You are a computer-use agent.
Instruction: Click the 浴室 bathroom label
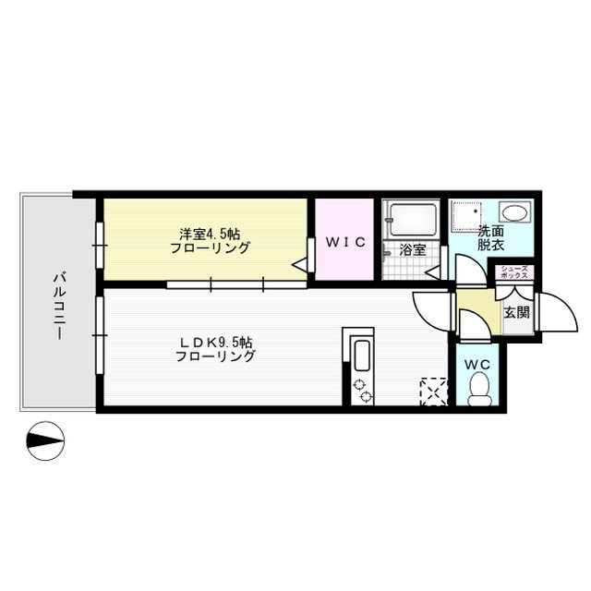point(413,249)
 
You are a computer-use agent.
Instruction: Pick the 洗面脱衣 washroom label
point(491,240)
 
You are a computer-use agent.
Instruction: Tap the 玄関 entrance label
point(515,313)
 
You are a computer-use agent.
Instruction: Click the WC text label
point(476,364)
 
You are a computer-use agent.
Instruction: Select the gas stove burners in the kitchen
point(361,391)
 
